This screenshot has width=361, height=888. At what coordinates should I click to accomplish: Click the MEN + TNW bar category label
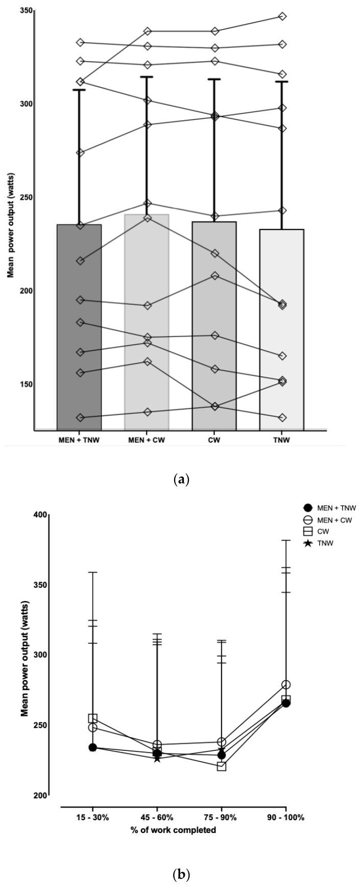pyautogui.click(x=79, y=440)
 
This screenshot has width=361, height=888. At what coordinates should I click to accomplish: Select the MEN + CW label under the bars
pyautogui.click(x=147, y=440)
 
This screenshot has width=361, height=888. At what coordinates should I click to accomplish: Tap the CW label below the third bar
pyautogui.click(x=214, y=440)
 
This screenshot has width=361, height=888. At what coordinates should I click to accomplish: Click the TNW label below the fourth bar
pyautogui.click(x=282, y=440)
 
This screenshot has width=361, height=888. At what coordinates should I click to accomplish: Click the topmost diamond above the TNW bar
pyautogui.click(x=282, y=16)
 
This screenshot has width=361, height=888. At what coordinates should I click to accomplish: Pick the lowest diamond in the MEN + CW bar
pyautogui.click(x=147, y=412)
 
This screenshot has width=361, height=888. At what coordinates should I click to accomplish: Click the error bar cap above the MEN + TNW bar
pyautogui.click(x=79, y=90)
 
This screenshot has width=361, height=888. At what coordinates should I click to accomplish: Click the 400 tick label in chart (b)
pyautogui.click(x=40, y=515)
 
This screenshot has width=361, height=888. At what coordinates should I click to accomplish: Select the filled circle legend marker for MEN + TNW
pyautogui.click(x=307, y=508)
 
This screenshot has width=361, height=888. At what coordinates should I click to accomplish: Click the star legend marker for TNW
pyautogui.click(x=307, y=543)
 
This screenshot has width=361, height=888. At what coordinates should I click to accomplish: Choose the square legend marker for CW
pyautogui.click(x=307, y=532)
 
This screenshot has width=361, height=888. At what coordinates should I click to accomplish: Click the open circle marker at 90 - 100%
pyautogui.click(x=286, y=685)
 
